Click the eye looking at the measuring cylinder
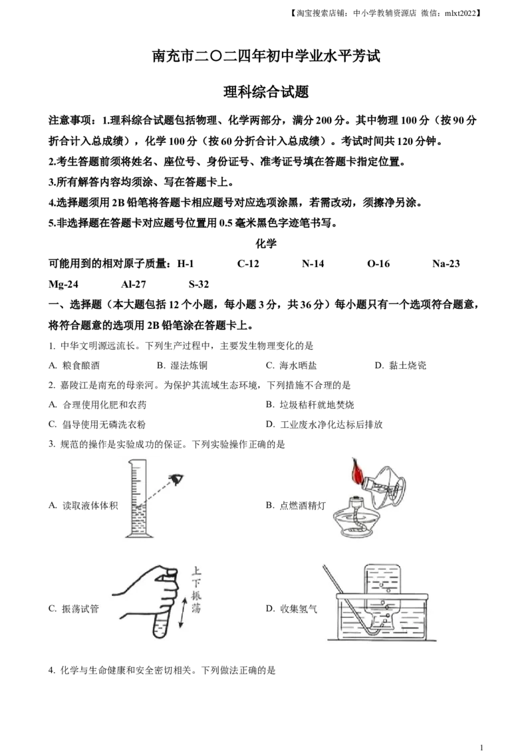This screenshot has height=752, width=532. [x=176, y=478]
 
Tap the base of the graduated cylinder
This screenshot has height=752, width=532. [x=138, y=535]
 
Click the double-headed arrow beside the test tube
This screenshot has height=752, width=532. [x=183, y=612]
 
